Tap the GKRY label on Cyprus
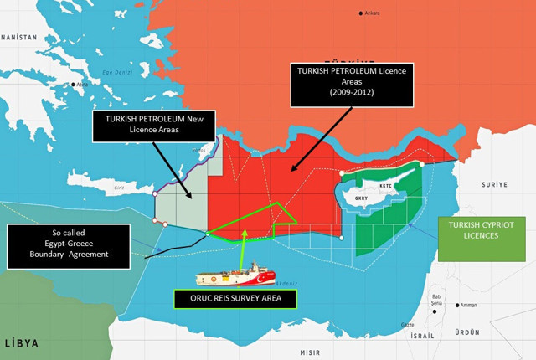coord(362,198)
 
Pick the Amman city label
coord(469,305)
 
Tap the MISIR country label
coord(311,352)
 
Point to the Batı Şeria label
coord(436,301)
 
